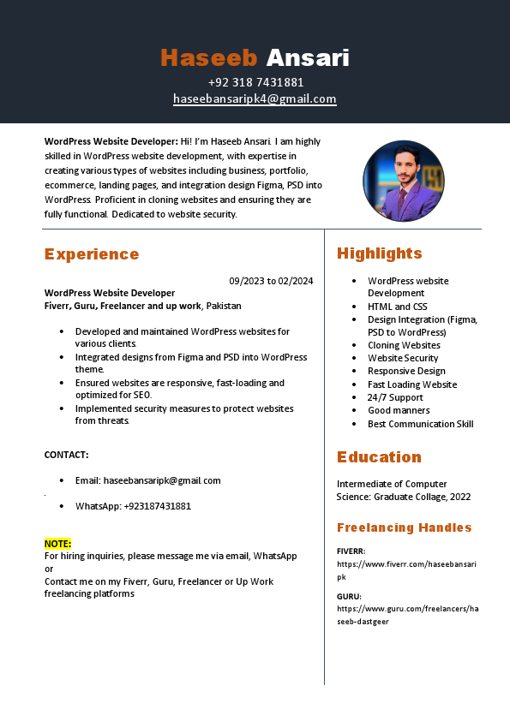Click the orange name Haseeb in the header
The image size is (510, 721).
pyautogui.click(x=208, y=58)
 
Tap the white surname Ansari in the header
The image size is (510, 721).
pyautogui.click(x=308, y=58)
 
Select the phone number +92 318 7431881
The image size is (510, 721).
pyautogui.click(x=255, y=82)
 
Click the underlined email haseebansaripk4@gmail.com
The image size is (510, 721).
pyautogui.click(x=255, y=98)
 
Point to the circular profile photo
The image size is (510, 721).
pyautogui.click(x=404, y=181)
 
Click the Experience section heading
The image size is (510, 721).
pyautogui.click(x=92, y=254)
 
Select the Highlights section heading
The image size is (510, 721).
pyautogui.click(x=380, y=253)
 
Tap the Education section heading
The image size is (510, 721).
pyautogui.click(x=379, y=457)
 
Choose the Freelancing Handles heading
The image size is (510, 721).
pyautogui.click(x=405, y=527)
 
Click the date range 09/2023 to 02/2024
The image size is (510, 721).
pyautogui.click(x=271, y=281)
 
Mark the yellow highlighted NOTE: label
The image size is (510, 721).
pyautogui.click(x=58, y=544)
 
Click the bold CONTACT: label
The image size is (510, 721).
pyautogui.click(x=67, y=455)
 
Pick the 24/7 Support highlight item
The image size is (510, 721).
pyautogui.click(x=395, y=397)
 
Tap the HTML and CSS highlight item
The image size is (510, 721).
pyautogui.click(x=397, y=307)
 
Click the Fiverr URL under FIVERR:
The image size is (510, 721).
pyautogui.click(x=406, y=569)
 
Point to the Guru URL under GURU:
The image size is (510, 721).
pyautogui.click(x=407, y=614)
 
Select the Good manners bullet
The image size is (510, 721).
pyautogui.click(x=399, y=410)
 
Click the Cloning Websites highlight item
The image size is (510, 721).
pyautogui.click(x=404, y=345)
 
